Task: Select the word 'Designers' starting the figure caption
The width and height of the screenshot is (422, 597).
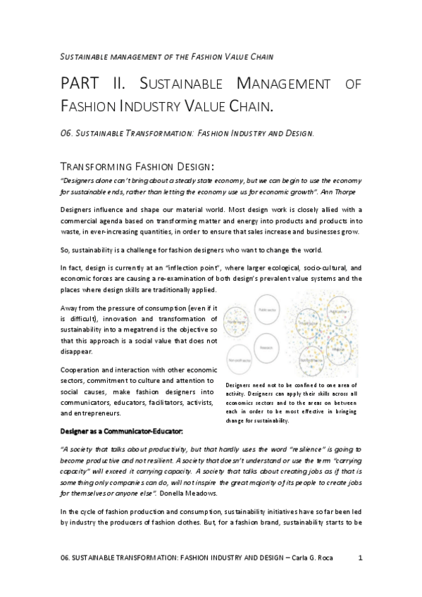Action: pos(238,384)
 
